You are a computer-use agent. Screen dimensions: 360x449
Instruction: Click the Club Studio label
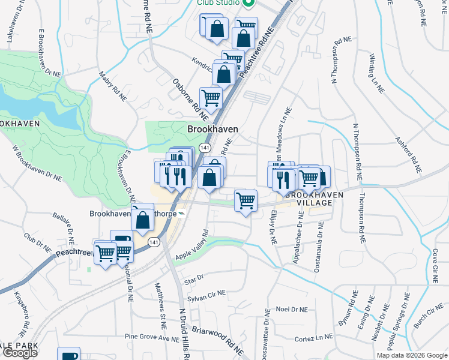[219, 2]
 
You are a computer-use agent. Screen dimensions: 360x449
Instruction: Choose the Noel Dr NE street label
[291, 309]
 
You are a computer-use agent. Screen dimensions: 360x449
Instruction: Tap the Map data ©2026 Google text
[412, 355]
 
